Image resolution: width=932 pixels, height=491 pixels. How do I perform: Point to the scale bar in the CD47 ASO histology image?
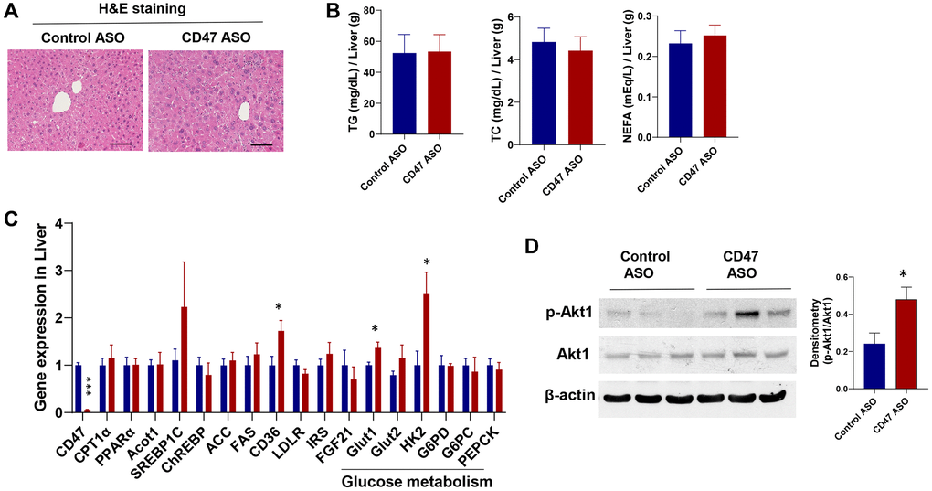[262, 144]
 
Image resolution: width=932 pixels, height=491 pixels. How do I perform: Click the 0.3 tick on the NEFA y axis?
[635, 16]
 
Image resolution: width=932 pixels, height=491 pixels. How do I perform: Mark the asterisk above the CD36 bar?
[280, 306]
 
